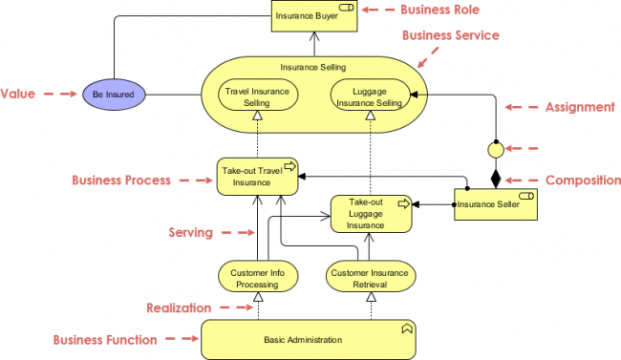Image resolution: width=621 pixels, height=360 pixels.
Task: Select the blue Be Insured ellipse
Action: pos(114,95)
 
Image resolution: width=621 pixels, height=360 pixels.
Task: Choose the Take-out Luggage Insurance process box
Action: pos(372,214)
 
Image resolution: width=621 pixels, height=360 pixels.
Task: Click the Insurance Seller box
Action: pos(495,204)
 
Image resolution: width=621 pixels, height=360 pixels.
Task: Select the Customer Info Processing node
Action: pos(258,278)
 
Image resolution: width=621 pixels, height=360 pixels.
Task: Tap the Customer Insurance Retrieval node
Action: pos(370,278)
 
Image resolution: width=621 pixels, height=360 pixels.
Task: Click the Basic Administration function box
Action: pos(308,339)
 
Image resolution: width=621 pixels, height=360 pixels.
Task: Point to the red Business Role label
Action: pos(439,10)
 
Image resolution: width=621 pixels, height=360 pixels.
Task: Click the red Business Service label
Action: pos(451,35)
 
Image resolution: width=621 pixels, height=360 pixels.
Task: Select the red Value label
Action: pos(18,94)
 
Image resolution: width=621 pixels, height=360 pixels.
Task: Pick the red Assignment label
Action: pos(580,107)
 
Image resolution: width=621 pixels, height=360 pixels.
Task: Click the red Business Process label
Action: pos(121,180)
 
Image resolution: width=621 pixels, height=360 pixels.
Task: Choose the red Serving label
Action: pos(191,232)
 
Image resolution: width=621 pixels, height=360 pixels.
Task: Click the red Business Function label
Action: pos(106,339)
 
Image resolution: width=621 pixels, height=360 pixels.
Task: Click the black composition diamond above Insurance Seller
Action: pos(496,178)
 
